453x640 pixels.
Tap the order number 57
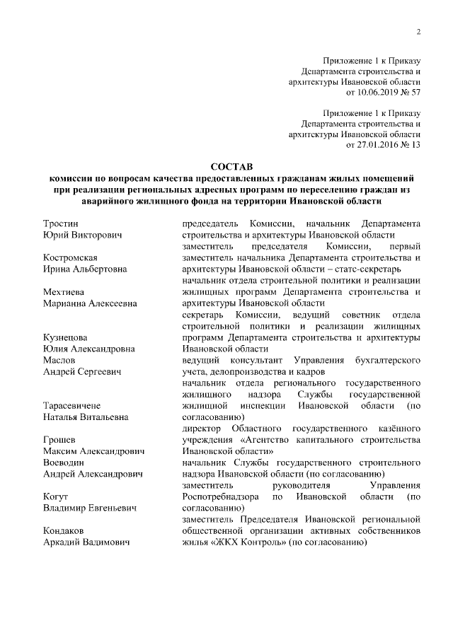coord(416,92)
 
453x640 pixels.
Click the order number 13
coord(416,144)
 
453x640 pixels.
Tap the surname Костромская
coord(70,257)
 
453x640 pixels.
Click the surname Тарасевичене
coord(71,405)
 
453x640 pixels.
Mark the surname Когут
coord(56,496)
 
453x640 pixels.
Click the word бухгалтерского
coord(385,360)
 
